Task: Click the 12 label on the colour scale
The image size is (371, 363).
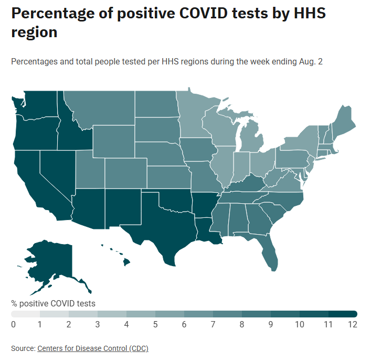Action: point(352,324)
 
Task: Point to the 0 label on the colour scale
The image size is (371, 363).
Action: point(13,324)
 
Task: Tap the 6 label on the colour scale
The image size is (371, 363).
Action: point(184,324)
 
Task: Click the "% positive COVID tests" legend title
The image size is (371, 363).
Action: point(53,303)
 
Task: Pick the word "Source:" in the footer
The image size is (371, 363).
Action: point(23,348)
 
